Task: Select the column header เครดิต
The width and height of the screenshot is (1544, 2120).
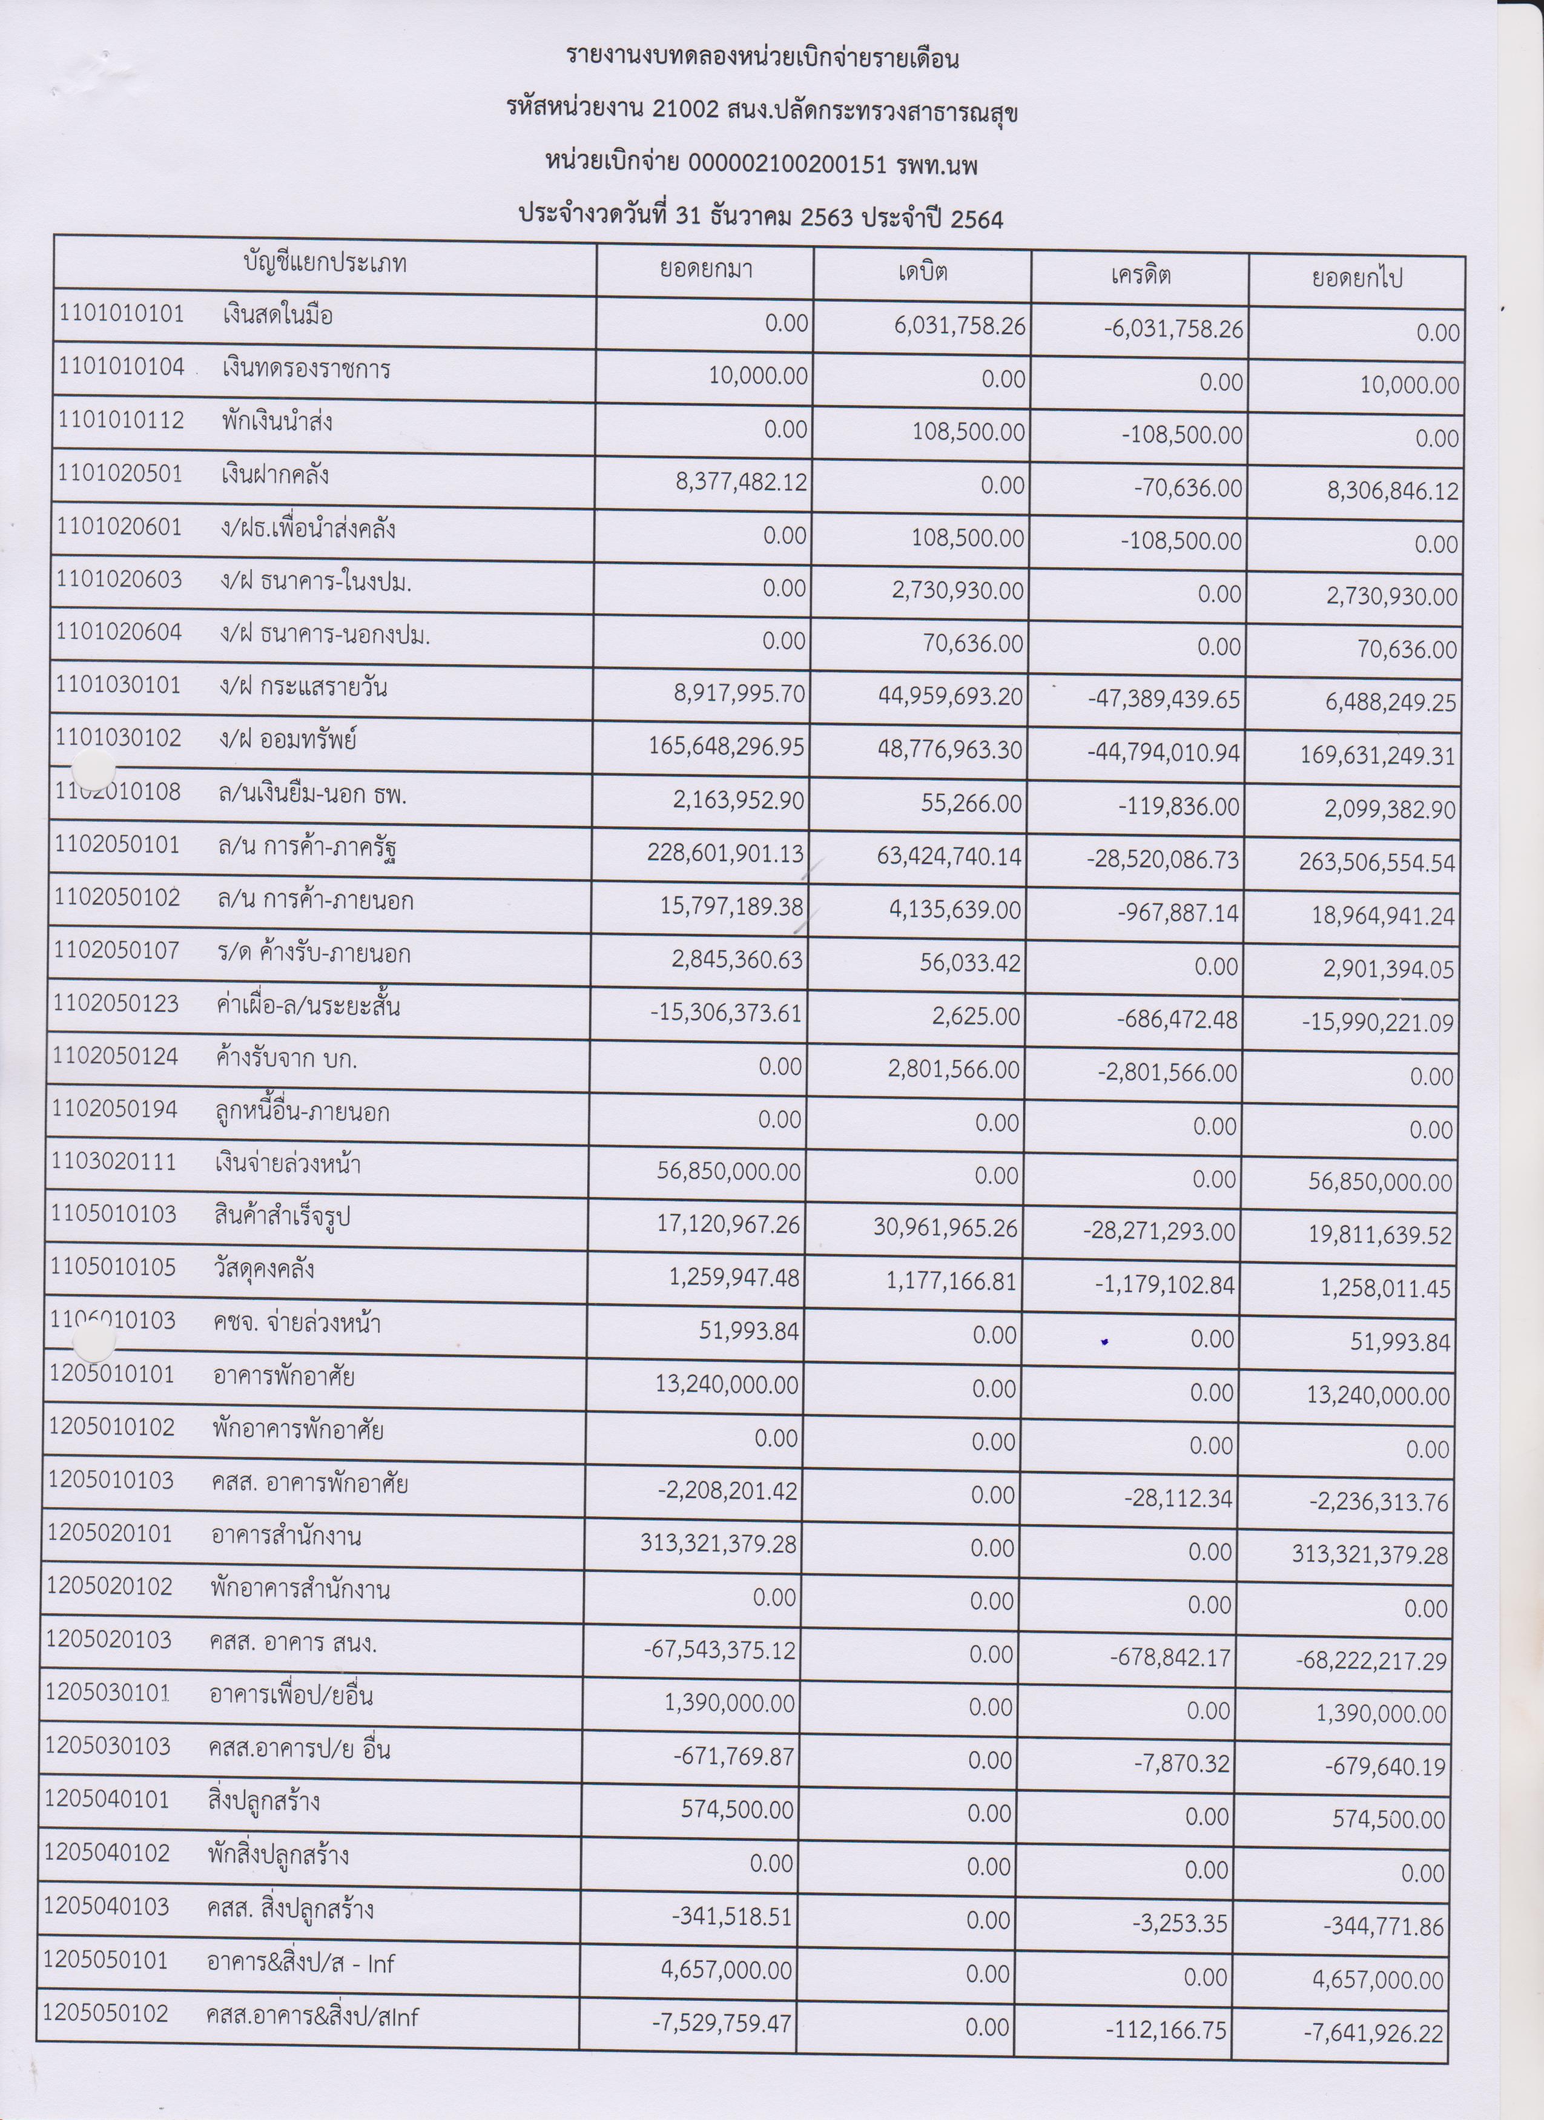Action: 1140,275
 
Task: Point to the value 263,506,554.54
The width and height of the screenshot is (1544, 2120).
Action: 1377,861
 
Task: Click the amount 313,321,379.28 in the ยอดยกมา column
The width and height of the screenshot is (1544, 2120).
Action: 718,1544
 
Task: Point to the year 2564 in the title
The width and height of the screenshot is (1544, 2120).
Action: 976,219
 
